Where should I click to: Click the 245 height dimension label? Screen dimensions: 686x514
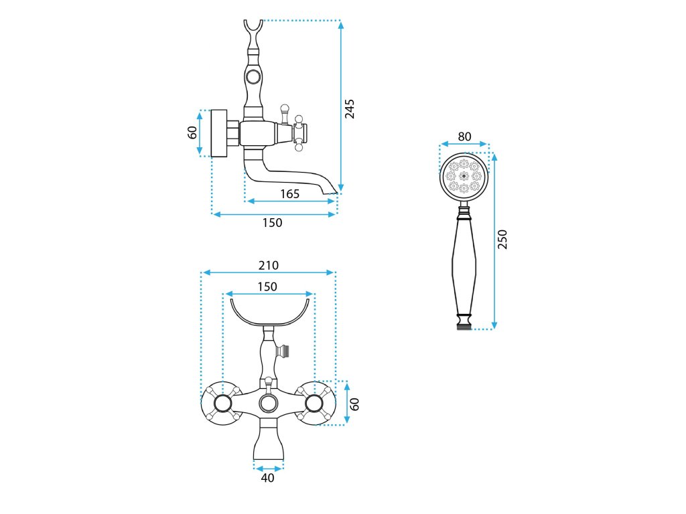350,108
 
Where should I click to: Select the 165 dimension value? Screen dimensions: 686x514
289,194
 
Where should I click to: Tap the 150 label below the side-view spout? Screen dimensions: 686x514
272,223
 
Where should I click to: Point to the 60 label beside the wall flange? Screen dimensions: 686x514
193,133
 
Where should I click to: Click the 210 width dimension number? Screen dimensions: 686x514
269,266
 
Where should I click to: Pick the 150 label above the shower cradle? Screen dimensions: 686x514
267,286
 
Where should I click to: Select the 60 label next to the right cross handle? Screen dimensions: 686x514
355,404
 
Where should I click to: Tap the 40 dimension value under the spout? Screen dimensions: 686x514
268,478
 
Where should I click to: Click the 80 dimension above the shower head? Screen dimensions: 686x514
464,137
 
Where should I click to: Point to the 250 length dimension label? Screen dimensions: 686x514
503,239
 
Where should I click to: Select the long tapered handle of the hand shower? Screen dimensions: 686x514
464,264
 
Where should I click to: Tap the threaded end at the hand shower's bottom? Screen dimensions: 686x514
464,327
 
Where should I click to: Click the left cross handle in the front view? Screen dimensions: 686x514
221,403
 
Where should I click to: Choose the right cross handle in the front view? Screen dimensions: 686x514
314,403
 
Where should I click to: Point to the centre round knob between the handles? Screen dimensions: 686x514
268,403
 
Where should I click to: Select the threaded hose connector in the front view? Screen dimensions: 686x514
285,349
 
